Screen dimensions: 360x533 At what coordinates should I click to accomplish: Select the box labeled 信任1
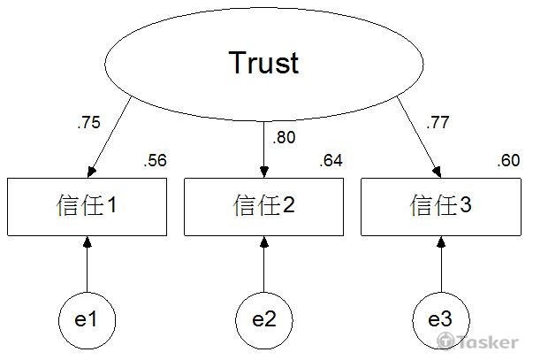87,206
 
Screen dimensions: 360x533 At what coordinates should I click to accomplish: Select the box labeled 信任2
263,206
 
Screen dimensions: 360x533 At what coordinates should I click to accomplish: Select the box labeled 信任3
441,206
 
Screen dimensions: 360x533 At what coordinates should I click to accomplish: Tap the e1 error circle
87,318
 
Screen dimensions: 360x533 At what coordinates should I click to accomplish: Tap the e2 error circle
263,318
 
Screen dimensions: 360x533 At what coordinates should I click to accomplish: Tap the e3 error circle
441,318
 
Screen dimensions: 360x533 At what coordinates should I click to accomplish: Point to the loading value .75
88,124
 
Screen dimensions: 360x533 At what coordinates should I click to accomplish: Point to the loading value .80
284,137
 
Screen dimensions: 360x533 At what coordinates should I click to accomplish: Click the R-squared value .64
331,161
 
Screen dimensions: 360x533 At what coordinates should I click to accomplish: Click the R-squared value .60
507,161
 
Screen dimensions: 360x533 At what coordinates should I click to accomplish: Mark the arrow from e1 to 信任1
87,264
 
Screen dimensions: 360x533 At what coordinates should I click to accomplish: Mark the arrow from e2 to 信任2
263,264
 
